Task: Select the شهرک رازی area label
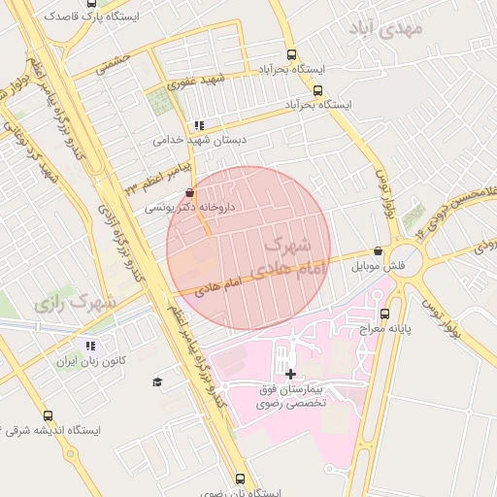pyautogui.click(x=75, y=301)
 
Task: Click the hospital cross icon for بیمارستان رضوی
pyautogui.click(x=291, y=373)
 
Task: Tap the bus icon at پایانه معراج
pyautogui.click(x=385, y=314)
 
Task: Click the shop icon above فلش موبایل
pyautogui.click(x=378, y=251)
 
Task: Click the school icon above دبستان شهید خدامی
pyautogui.click(x=199, y=125)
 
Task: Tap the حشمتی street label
pyautogui.click(x=114, y=60)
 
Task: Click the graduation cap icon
pyautogui.click(x=157, y=382)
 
